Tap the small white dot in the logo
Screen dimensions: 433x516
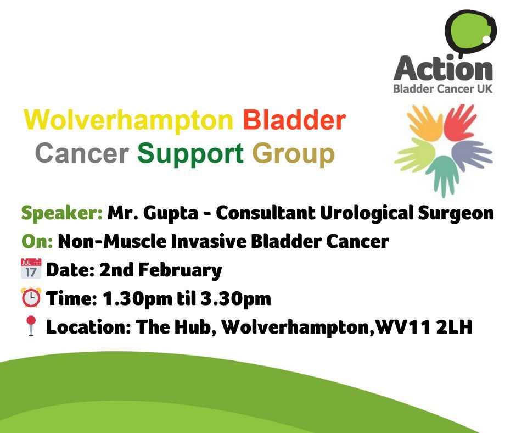[485, 40]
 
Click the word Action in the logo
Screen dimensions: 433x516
[443, 69]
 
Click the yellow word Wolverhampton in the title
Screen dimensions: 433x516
[129, 119]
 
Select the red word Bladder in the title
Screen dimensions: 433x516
[295, 119]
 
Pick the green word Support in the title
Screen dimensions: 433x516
[190, 153]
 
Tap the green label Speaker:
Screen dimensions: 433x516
[61, 213]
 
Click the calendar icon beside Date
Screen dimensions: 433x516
[31, 270]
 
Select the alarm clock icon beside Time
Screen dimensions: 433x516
[31, 298]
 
